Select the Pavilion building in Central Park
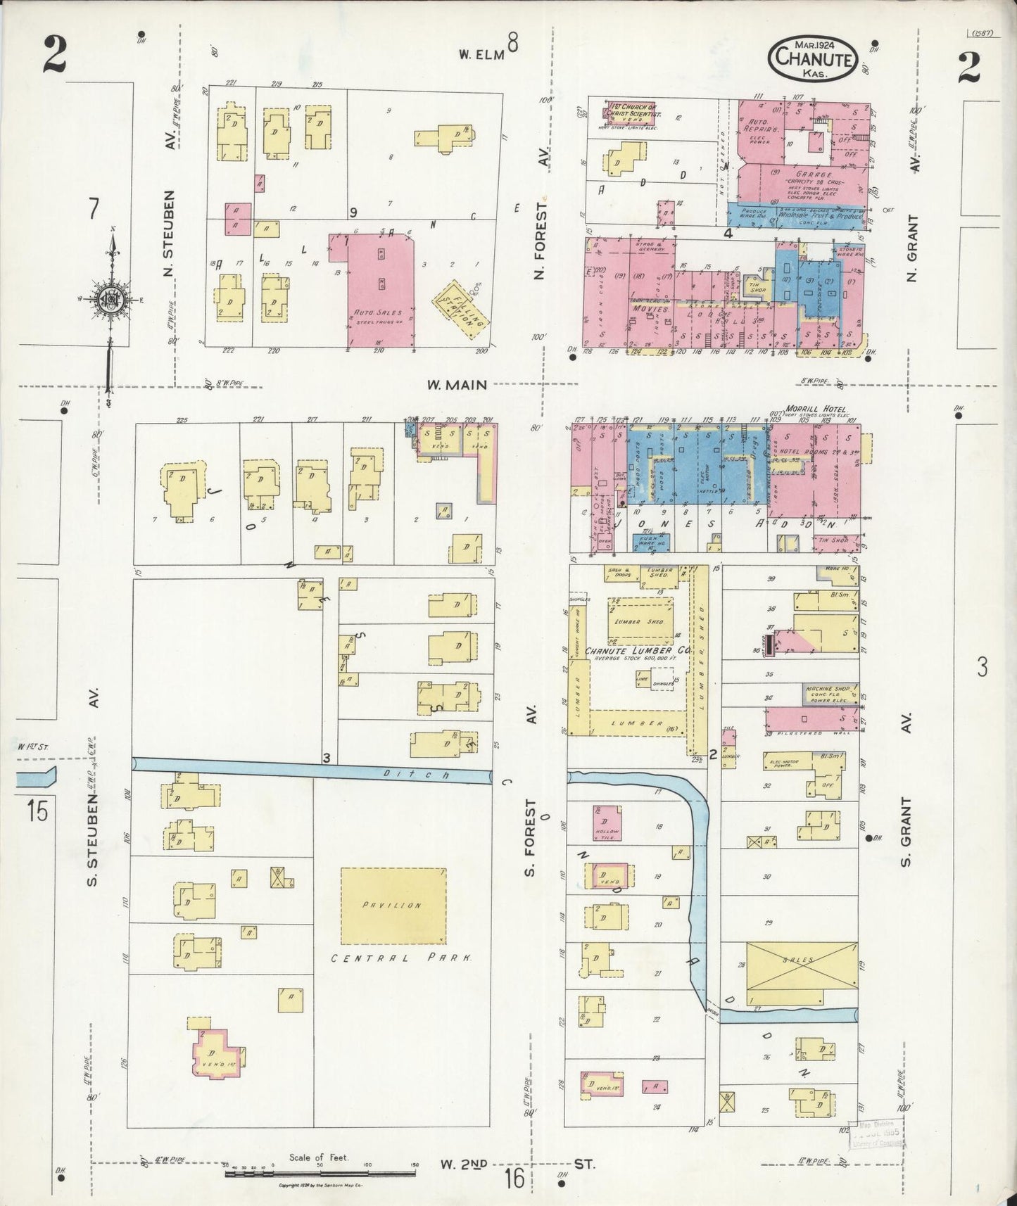pos(393,905)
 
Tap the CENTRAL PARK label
pos(402,958)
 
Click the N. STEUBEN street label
pos(169,232)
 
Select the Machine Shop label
pos(830,689)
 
